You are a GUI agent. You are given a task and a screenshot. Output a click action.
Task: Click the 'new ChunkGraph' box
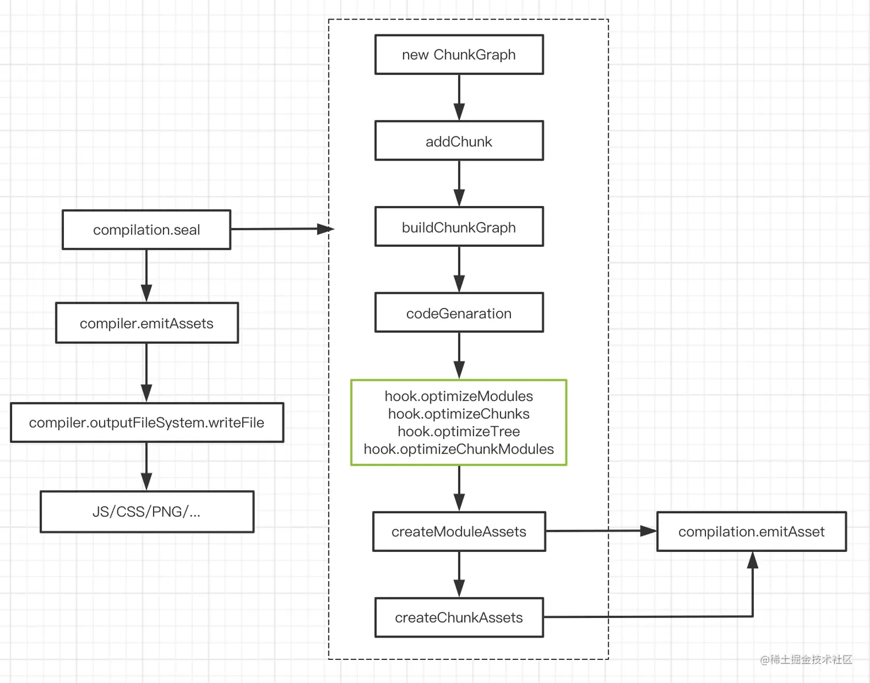pyautogui.click(x=459, y=55)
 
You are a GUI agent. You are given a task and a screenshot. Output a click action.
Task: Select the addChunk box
pyautogui.click(x=459, y=140)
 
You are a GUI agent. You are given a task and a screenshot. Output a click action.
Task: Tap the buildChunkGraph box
pyautogui.click(x=459, y=227)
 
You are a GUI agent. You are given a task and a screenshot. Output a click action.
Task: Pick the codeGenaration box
pyautogui.click(x=459, y=312)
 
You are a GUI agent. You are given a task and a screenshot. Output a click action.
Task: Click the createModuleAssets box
pyautogui.click(x=459, y=531)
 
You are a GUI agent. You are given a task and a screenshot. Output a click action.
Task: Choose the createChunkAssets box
pyautogui.click(x=459, y=617)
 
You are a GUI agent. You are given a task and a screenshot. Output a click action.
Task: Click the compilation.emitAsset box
pyautogui.click(x=751, y=531)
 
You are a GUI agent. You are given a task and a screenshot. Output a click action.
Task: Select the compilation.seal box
pyautogui.click(x=147, y=230)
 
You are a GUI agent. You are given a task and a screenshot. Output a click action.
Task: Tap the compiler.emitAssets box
pyautogui.click(x=147, y=323)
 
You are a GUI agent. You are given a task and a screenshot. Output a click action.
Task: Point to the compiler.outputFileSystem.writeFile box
pyautogui.click(x=147, y=422)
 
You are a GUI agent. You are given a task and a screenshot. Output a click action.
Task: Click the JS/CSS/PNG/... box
pyautogui.click(x=147, y=512)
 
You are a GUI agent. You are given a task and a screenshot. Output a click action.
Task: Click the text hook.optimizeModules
pyautogui.click(x=459, y=396)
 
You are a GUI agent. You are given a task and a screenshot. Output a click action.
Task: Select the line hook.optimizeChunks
pyautogui.click(x=459, y=414)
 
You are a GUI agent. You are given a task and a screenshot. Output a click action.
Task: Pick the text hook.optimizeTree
pyautogui.click(x=459, y=432)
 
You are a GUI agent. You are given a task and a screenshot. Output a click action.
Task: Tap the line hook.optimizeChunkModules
pyautogui.click(x=459, y=449)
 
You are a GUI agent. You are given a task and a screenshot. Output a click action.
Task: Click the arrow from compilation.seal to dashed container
pyautogui.click(x=283, y=229)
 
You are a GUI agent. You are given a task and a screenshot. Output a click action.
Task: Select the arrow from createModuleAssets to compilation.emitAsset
pyautogui.click(x=601, y=531)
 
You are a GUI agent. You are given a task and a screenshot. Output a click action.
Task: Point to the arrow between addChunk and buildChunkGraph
pyautogui.click(x=459, y=184)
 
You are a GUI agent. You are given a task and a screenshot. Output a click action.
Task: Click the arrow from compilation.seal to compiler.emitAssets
pyautogui.click(x=147, y=276)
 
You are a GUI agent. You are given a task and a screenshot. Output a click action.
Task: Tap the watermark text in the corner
pyautogui.click(x=806, y=659)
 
